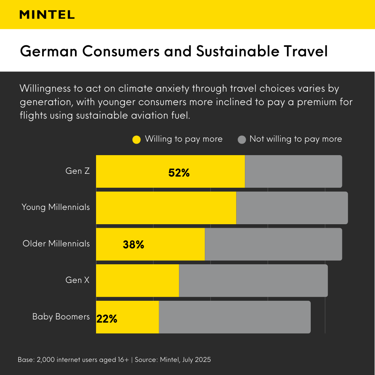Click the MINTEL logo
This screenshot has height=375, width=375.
pyautogui.click(x=47, y=15)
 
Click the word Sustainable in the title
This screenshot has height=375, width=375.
pyautogui.click(x=231, y=52)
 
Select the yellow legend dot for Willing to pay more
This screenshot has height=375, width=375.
pyautogui.click(x=137, y=139)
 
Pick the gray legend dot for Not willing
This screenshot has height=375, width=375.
pyautogui.click(x=242, y=139)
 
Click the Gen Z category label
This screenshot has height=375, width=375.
pyautogui.click(x=78, y=171)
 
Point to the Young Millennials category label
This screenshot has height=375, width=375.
pyautogui.click(x=56, y=207)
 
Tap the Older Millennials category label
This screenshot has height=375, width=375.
pyautogui.click(x=56, y=244)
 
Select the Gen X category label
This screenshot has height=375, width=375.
pyautogui.click(x=78, y=280)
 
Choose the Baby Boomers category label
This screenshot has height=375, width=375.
pyautogui.click(x=61, y=317)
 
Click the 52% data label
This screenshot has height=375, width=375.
pyautogui.click(x=179, y=173)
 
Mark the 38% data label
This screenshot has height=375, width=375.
pyautogui.click(x=133, y=245)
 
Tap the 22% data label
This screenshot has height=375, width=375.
pyautogui.click(x=107, y=319)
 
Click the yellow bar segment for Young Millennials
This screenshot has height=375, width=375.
pyautogui.click(x=166, y=208)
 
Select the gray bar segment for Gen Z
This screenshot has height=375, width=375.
pyautogui.click(x=293, y=171)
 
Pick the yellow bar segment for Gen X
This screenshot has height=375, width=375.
pyautogui.click(x=137, y=281)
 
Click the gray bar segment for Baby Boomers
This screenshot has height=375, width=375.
pyautogui.click(x=235, y=317)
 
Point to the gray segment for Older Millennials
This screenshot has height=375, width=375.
pyautogui.click(x=273, y=244)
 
